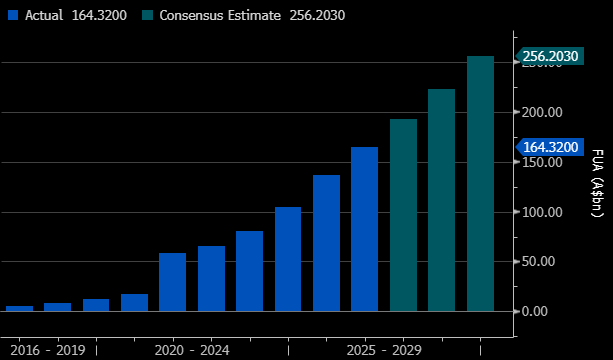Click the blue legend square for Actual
coord(13,15)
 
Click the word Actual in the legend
coord(44,15)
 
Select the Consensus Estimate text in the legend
coord(220,15)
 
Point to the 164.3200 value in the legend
coord(99,15)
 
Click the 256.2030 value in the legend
coord(317,15)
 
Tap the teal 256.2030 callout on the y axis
coord(550,56)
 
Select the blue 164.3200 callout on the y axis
coord(550,147)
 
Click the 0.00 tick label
coord(535,312)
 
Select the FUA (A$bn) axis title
coord(597,183)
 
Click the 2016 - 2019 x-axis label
coord(48,350)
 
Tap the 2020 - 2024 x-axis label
coord(192,350)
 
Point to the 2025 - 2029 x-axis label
coord(384,350)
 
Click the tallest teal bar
coord(480,184)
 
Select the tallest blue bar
coord(364,229)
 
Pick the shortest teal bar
coord(403,215)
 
